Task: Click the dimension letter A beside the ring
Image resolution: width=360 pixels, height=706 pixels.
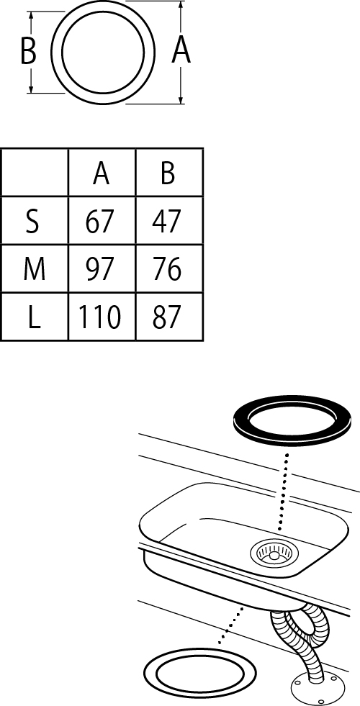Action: click(181, 50)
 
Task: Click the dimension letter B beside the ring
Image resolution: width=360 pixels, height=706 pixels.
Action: click(28, 51)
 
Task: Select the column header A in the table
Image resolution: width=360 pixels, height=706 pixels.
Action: click(102, 173)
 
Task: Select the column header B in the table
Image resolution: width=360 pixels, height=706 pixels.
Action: click(168, 173)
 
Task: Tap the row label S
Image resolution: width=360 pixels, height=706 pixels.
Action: click(32, 221)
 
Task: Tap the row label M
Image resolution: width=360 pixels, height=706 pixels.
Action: click(35, 269)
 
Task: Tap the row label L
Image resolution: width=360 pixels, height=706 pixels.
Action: click(35, 317)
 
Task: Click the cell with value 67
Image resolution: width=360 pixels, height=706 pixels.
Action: click(102, 221)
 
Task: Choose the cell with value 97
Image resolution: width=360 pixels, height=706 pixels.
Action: click(102, 269)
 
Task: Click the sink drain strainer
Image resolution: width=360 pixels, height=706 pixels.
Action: click(272, 553)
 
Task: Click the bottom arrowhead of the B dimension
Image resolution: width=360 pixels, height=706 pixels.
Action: click(31, 89)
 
